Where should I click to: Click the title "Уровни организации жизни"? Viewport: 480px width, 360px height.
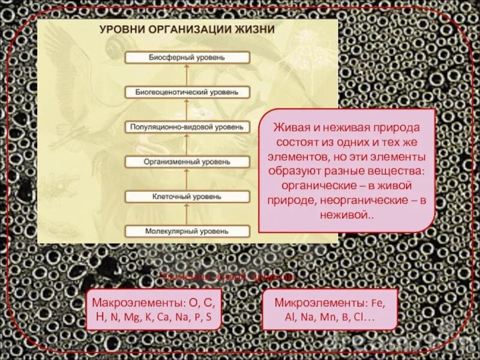tap(187, 29)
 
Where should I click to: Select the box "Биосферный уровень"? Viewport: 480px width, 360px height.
tap(187, 57)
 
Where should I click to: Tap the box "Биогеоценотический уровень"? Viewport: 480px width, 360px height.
tap(187, 92)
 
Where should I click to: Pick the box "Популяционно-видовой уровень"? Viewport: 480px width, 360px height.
tap(187, 127)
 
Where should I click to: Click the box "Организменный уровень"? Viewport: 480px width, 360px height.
tap(187, 161)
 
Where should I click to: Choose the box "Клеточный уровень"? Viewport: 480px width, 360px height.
tap(187, 196)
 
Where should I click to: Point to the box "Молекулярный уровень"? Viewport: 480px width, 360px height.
tap(187, 231)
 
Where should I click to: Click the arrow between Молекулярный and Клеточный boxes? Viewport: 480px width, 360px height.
tap(187, 214)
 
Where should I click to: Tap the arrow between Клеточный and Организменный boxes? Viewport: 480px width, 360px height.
tap(187, 179)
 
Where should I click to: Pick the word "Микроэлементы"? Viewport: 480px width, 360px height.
tap(311, 302)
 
